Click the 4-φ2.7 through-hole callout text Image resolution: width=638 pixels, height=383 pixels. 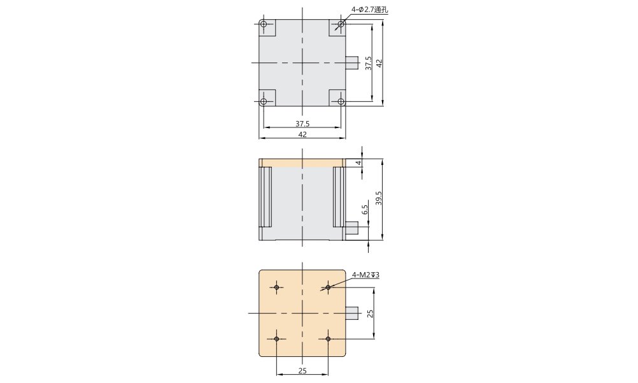click(369, 10)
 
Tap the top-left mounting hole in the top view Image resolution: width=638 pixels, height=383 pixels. click(264, 24)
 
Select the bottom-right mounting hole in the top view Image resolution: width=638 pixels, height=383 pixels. click(341, 101)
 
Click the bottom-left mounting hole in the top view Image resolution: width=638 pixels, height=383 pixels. click(264, 101)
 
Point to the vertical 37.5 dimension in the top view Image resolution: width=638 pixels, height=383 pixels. click(369, 63)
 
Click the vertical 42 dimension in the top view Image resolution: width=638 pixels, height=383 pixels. click(379, 63)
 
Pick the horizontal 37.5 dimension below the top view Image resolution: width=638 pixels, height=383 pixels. click(302, 124)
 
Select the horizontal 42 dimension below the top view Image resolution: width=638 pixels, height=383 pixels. click(302, 134)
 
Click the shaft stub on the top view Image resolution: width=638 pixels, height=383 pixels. click(351, 62)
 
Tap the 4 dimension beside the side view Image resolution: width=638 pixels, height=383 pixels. click(358, 163)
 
